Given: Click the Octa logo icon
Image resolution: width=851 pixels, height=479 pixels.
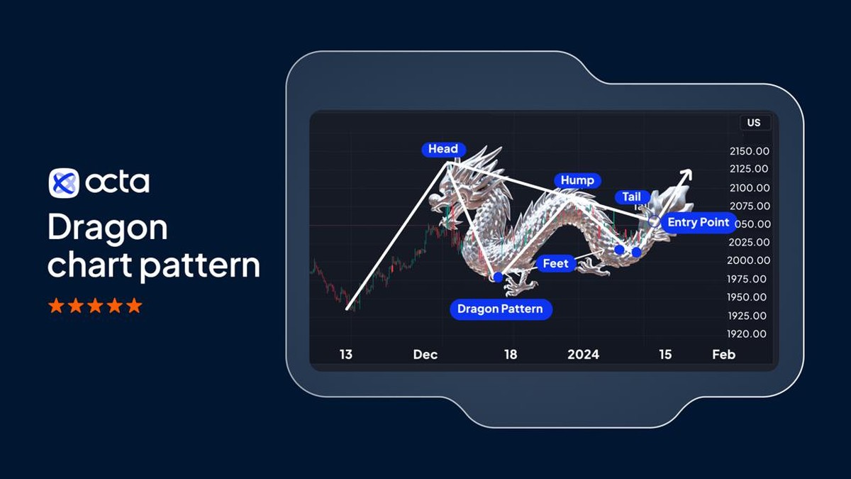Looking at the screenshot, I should click(x=63, y=183).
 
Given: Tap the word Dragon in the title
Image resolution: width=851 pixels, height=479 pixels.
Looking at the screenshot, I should click(x=107, y=229).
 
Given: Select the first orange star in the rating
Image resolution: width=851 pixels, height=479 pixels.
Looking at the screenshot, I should click(x=55, y=306).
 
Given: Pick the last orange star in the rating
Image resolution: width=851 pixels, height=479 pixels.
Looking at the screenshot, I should click(x=134, y=306).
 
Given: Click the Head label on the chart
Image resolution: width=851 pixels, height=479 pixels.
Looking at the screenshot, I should click(x=443, y=149).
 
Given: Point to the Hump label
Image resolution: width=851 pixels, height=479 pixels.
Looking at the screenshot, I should click(x=577, y=180).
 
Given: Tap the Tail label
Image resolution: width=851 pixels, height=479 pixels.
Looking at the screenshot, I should click(x=631, y=197).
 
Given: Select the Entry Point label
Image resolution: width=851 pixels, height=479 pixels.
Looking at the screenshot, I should click(x=698, y=223).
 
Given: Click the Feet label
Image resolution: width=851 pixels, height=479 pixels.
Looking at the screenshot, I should click(x=555, y=264).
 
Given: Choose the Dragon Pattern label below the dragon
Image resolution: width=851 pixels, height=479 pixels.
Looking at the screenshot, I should click(x=500, y=309).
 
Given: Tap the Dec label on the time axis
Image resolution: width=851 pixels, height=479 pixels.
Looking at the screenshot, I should click(x=425, y=354).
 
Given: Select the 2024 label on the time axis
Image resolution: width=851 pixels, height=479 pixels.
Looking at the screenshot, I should click(x=583, y=354).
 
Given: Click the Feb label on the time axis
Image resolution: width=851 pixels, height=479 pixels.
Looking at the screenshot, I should click(x=723, y=354).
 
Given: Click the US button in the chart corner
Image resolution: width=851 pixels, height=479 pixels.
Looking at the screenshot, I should click(x=753, y=123).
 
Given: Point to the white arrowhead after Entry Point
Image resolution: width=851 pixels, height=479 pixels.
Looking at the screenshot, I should click(x=686, y=174).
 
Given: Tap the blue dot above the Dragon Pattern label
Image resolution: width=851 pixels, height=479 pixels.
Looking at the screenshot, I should click(x=498, y=277).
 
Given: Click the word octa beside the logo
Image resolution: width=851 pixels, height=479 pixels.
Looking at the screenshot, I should click(x=118, y=183).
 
